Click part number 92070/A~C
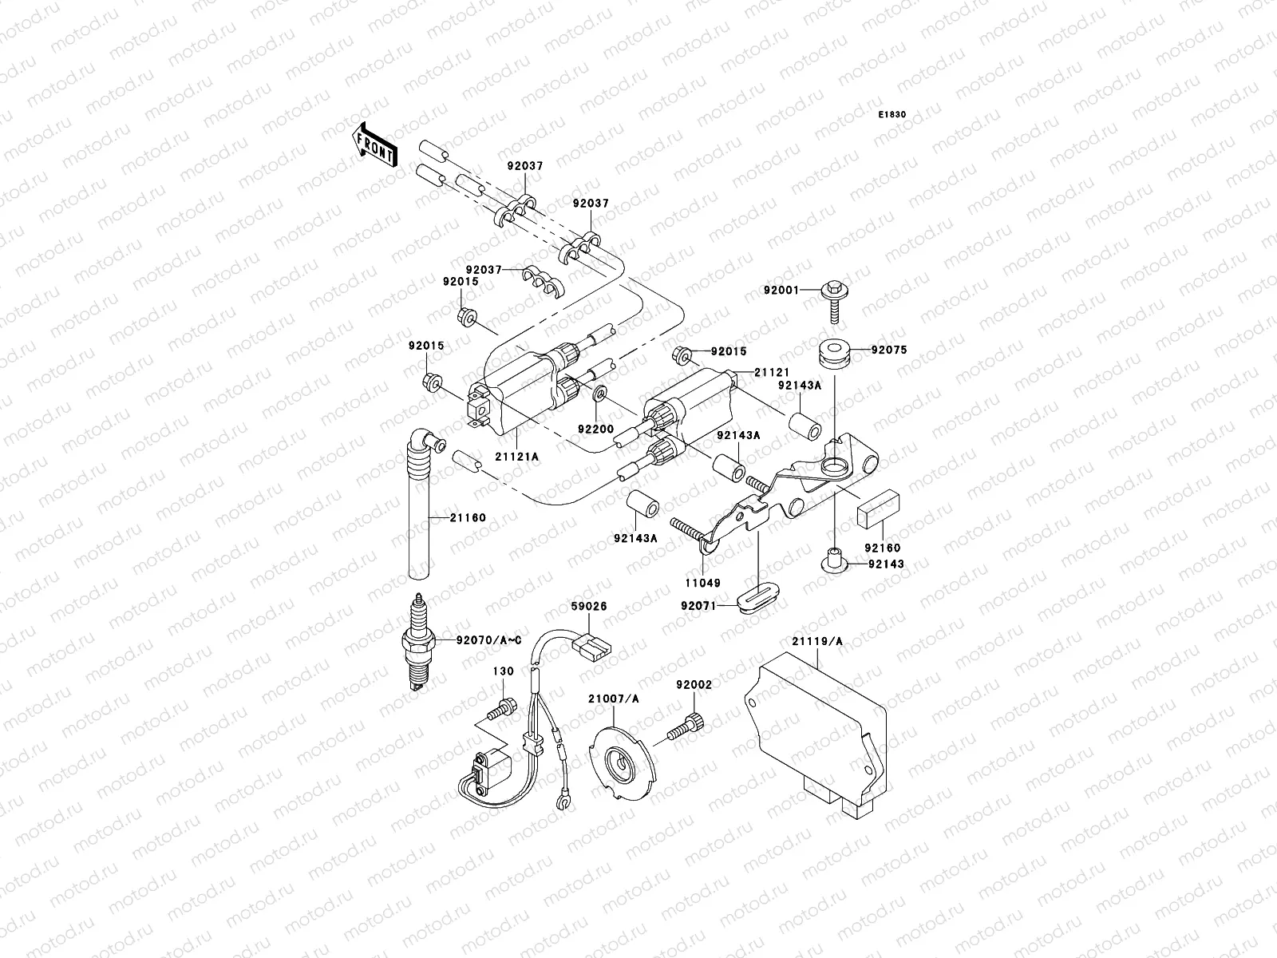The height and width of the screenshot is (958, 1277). click(x=477, y=639)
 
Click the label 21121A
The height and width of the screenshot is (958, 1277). click(x=516, y=456)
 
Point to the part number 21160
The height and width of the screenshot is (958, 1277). click(x=467, y=517)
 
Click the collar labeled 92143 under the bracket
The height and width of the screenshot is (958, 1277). click(x=835, y=559)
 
